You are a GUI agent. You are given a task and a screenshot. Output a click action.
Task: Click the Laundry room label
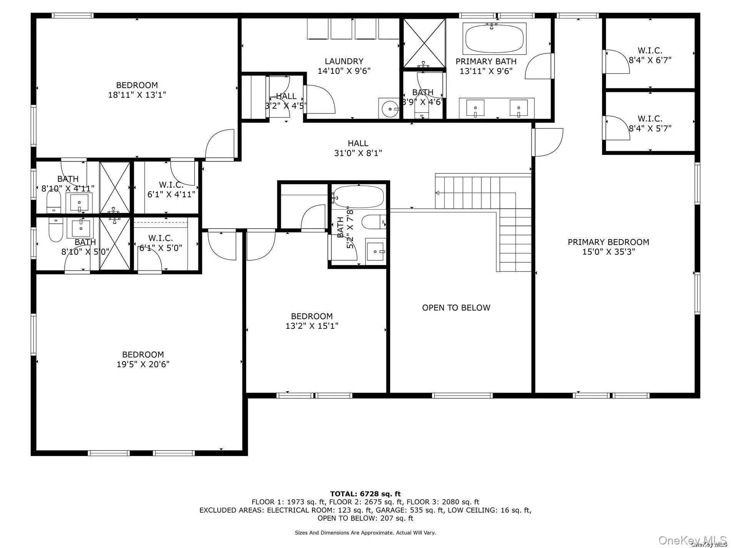[x=344, y=62]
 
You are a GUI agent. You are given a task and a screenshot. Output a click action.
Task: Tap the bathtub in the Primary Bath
[x=494, y=39]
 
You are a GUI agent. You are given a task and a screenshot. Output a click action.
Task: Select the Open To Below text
[x=456, y=308]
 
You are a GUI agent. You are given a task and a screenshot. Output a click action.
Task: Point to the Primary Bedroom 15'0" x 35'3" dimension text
[x=608, y=252]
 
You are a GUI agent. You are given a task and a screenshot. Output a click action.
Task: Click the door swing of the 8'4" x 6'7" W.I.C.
[x=617, y=62]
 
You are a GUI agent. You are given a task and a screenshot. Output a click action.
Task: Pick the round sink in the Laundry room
[x=390, y=109]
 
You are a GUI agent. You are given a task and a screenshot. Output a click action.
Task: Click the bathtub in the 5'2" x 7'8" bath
[x=359, y=197]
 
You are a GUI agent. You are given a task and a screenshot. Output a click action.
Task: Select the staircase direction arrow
[x=438, y=193]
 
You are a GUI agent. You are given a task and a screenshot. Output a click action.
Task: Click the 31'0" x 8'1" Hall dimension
[x=358, y=153]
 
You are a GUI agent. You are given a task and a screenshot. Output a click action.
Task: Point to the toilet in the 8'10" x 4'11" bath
[x=53, y=202]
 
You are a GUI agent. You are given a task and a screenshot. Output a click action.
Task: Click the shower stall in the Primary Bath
[x=424, y=43]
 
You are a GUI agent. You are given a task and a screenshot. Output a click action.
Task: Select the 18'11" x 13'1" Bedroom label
[x=137, y=85]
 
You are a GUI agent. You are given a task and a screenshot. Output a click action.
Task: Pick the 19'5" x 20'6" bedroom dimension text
[x=143, y=364]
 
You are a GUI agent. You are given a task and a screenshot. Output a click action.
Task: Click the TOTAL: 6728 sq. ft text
[x=365, y=494]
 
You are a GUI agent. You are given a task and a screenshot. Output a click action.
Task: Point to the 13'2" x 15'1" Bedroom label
[x=312, y=316]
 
